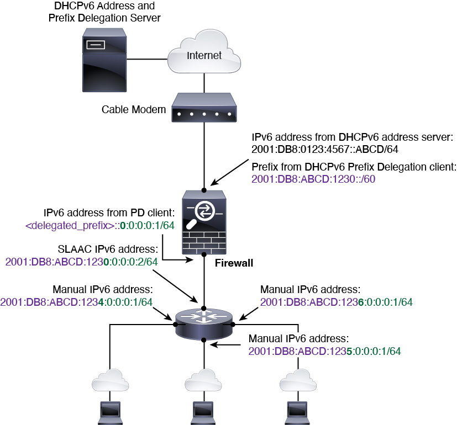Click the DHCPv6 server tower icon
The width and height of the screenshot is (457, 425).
[x=104, y=60]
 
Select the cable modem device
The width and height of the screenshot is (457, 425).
[x=204, y=108]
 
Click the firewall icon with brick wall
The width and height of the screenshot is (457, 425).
[x=204, y=222]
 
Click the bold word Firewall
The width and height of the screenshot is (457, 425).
[x=234, y=263]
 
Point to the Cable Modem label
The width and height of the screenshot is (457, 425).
[x=134, y=109]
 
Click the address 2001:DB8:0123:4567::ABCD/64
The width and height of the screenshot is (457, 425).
[x=325, y=150]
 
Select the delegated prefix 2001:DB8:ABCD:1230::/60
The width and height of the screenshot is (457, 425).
[x=313, y=179]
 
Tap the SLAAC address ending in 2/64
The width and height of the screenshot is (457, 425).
[x=82, y=262]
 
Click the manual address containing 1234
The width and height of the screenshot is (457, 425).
[x=76, y=302]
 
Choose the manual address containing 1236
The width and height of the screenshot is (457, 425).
[x=337, y=302]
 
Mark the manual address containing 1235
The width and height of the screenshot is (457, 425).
[x=325, y=351]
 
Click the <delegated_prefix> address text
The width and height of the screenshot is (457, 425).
[x=100, y=226]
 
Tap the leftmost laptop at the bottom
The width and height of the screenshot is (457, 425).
[x=110, y=413]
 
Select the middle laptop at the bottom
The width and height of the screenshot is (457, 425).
[x=203, y=413]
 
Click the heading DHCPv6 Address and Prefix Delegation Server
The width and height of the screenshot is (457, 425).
[x=104, y=12]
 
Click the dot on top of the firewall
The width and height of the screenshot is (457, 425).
[x=204, y=190]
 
